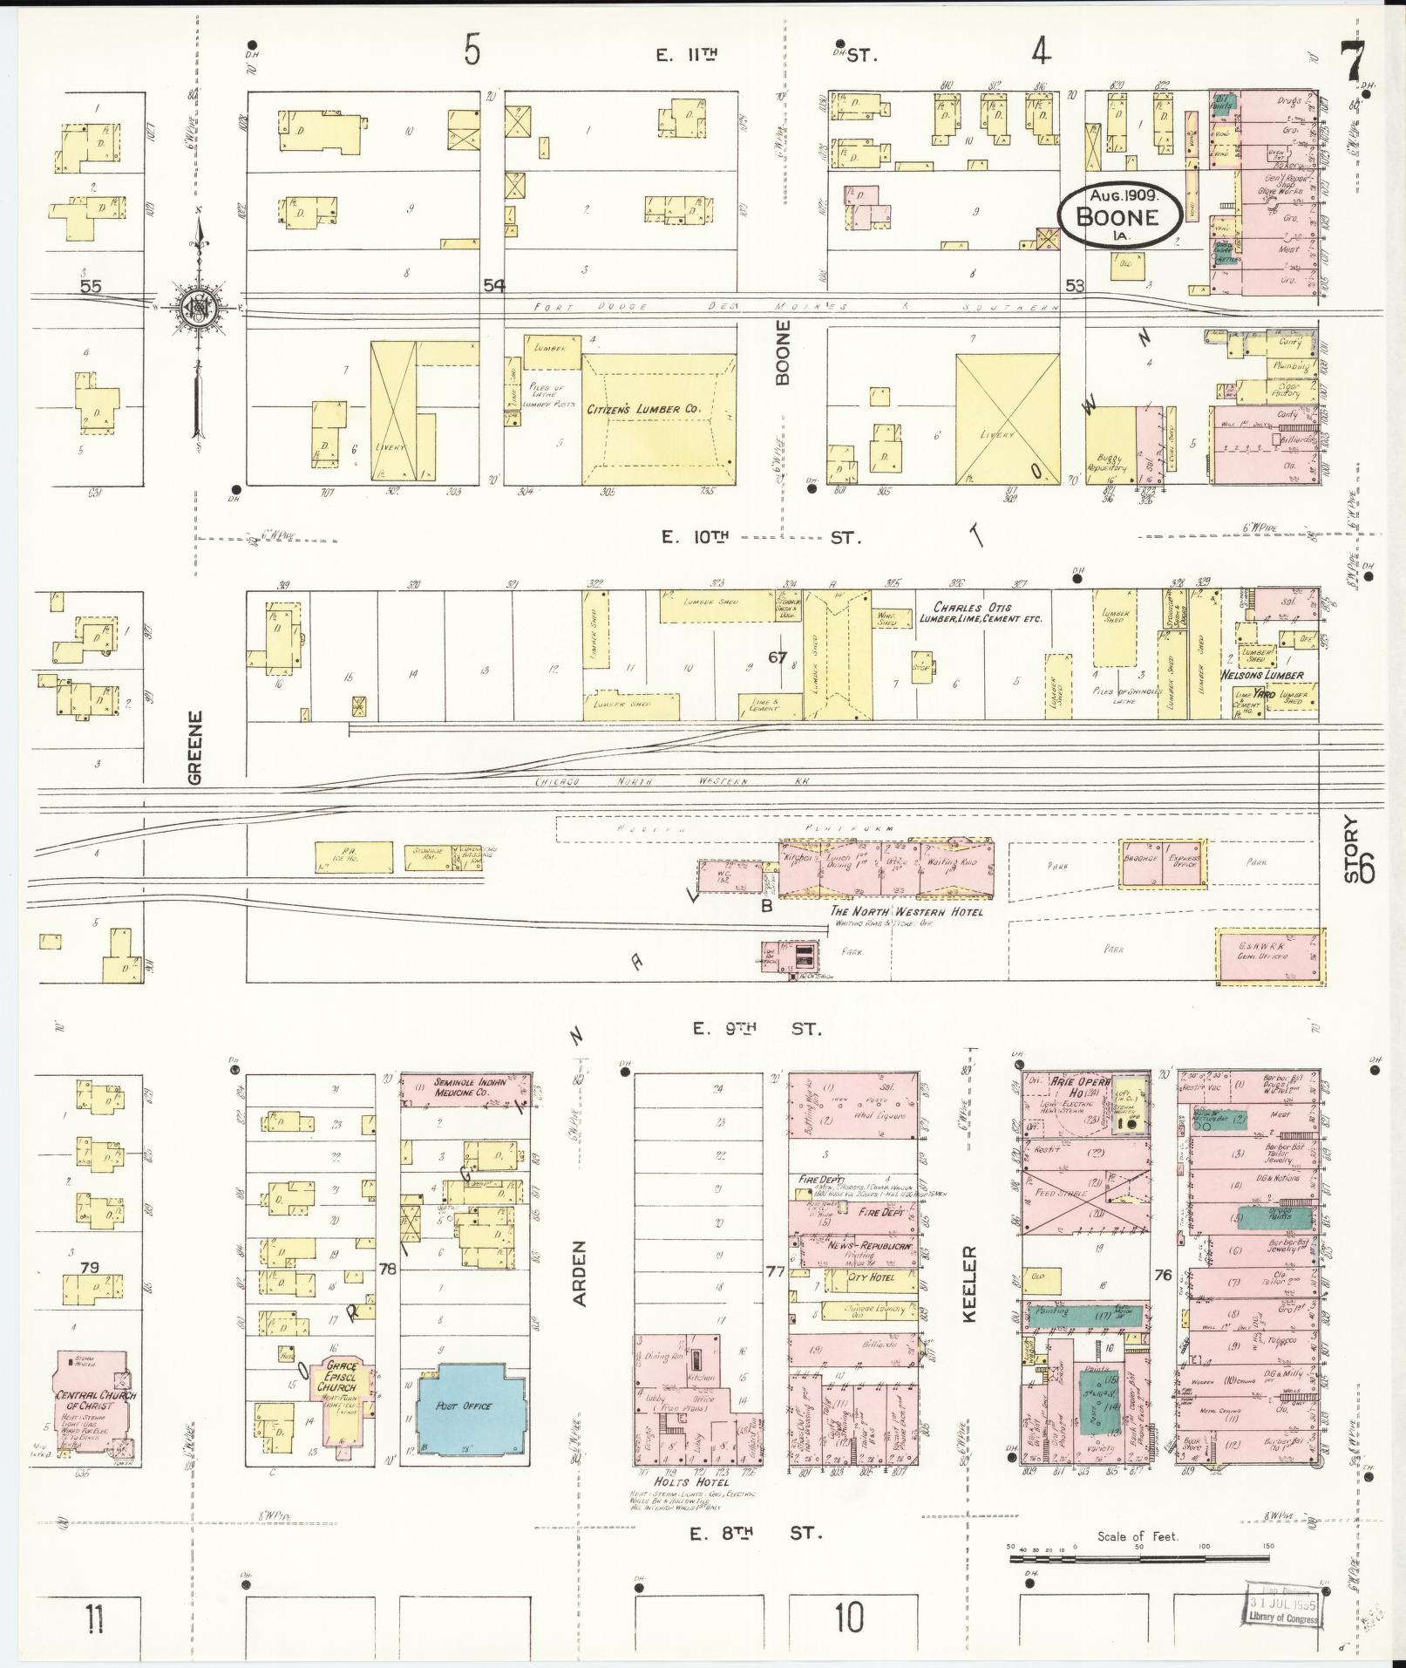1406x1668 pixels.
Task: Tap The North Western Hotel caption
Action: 907,911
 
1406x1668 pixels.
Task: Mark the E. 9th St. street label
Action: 757,1029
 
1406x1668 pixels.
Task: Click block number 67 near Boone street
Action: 778,657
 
